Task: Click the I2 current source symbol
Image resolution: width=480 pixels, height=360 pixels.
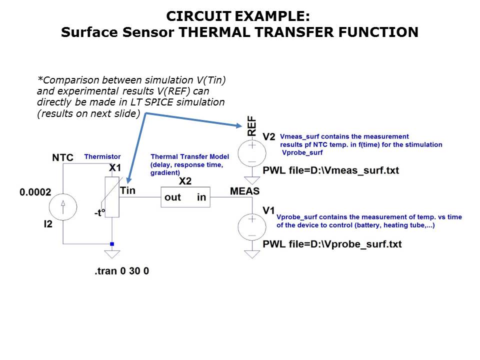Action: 62,205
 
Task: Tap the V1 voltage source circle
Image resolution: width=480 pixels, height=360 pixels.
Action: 251,226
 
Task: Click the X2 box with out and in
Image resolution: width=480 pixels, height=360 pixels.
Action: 185,197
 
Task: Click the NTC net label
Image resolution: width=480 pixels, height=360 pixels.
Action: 63,158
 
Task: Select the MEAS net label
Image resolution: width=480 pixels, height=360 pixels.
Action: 244,191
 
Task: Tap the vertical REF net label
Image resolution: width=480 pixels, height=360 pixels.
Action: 251,125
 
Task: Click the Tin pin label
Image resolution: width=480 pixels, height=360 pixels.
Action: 127,190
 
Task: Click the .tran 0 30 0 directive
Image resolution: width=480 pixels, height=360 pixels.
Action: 122,271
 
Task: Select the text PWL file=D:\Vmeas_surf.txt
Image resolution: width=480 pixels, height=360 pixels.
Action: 331,170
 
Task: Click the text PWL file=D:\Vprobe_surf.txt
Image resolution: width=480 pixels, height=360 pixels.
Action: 332,244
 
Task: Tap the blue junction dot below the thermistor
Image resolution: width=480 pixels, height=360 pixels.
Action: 112,244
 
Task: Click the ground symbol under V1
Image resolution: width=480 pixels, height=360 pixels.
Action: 251,254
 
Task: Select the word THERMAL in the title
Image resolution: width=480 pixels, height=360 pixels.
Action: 214,32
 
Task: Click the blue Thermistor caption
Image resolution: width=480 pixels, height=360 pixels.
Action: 102,157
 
